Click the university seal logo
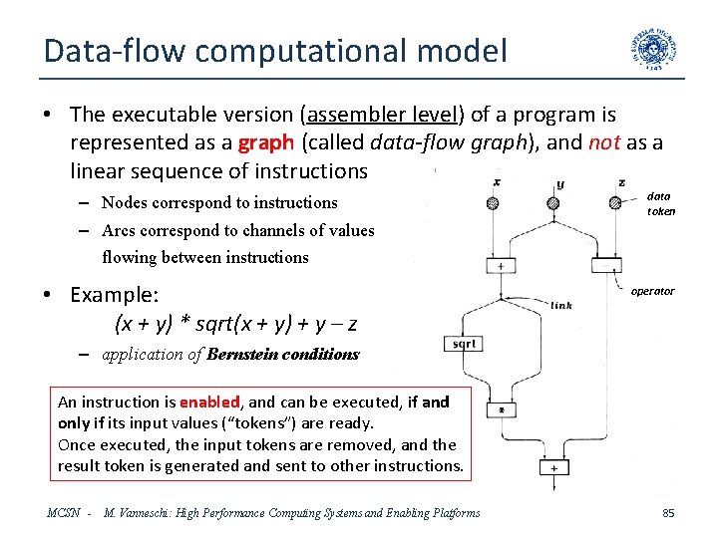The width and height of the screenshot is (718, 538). (655, 53)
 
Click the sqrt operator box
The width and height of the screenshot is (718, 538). (464, 344)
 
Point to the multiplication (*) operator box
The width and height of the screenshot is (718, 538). (502, 409)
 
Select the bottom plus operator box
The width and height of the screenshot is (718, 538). (553, 467)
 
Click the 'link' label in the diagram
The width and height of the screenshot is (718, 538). (561, 306)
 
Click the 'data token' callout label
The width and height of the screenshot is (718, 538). (661, 203)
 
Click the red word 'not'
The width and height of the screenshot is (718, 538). (604, 142)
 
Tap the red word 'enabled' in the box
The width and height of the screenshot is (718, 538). (209, 403)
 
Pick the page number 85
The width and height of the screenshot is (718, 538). (668, 513)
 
